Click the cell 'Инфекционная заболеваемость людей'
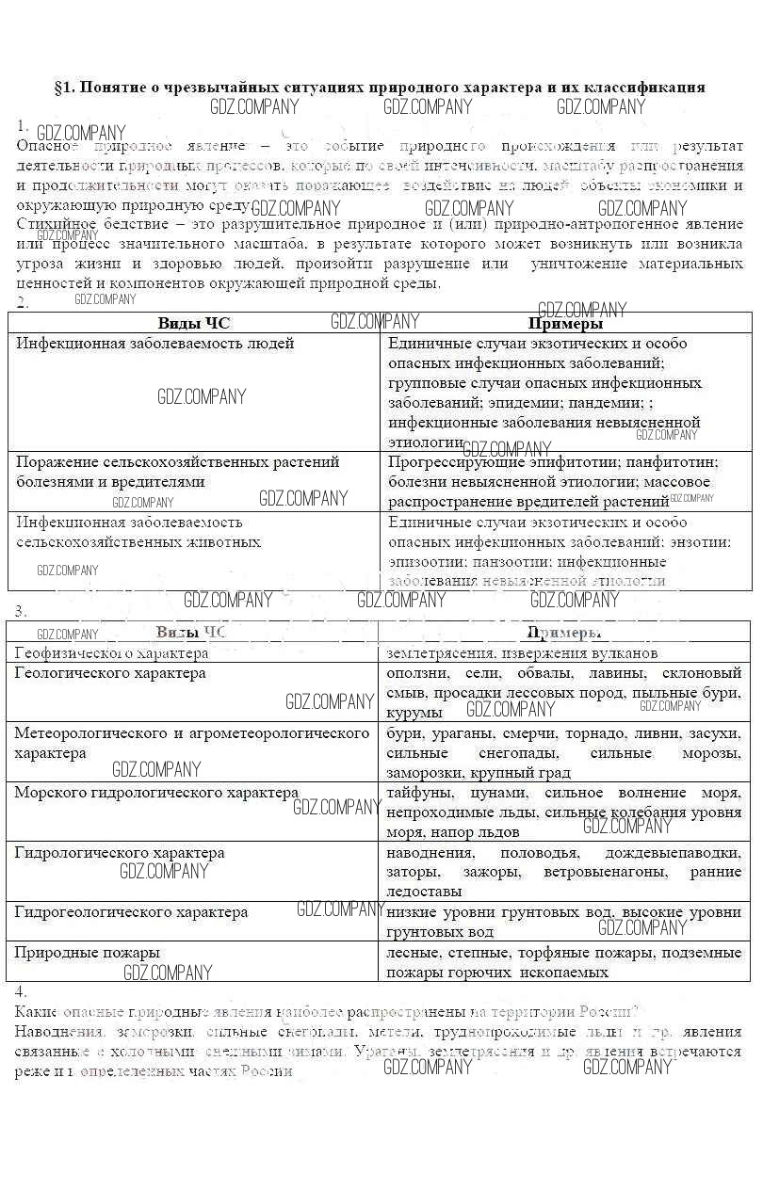[x=155, y=344]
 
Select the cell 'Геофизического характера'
[x=112, y=652]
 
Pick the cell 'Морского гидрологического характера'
[x=156, y=793]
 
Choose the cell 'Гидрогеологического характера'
[x=131, y=912]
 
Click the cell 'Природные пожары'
[x=87, y=953]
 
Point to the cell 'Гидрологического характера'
[x=120, y=853]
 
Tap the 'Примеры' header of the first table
[x=565, y=324]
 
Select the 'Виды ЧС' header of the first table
[x=194, y=324]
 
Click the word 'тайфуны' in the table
[x=414, y=793]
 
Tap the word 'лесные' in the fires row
[x=413, y=953]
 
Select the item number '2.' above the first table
[x=23, y=303]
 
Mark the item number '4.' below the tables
[x=22, y=991]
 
